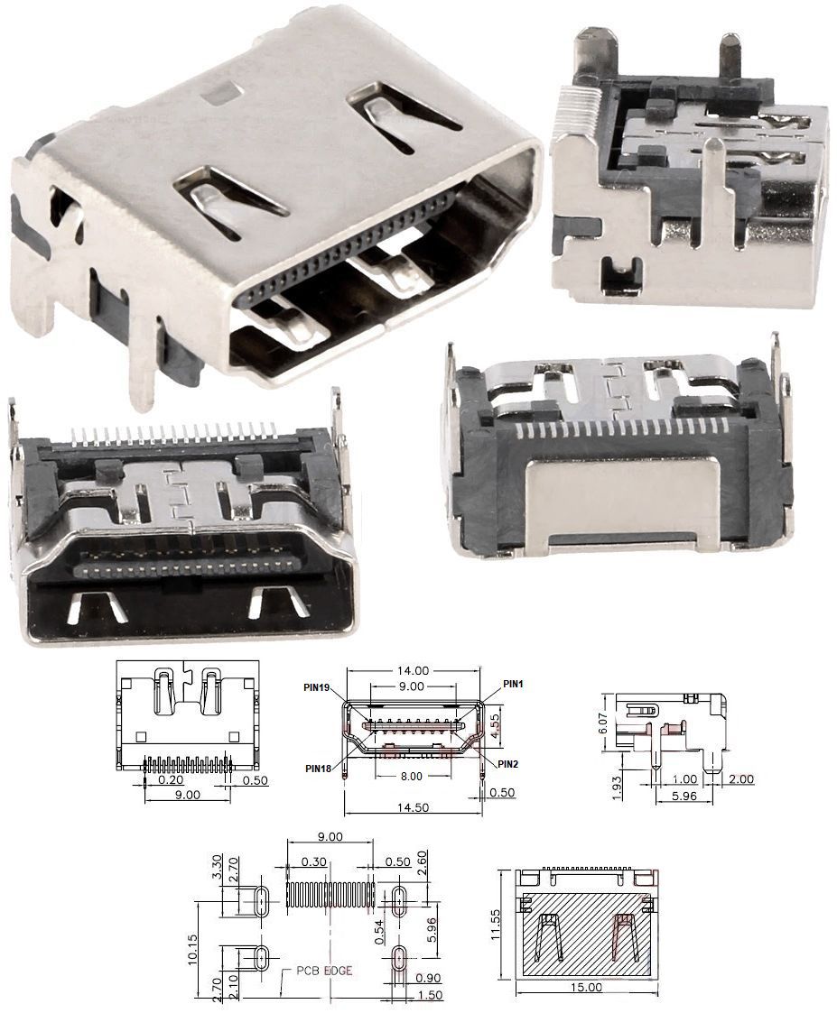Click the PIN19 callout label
(318, 686)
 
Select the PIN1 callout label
(513, 684)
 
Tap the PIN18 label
(318, 769)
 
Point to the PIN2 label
(508, 764)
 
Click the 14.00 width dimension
(414, 671)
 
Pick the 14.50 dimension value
(414, 807)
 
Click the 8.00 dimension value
(412, 776)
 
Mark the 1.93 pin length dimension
(617, 787)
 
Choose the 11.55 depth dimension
(496, 925)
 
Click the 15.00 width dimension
(587, 987)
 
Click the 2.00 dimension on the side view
(741, 779)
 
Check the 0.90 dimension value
(430, 978)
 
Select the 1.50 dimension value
(430, 996)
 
